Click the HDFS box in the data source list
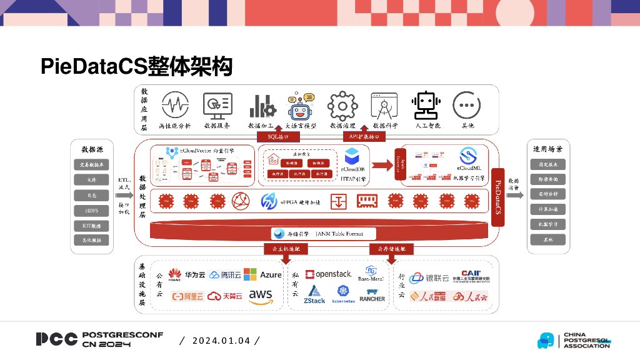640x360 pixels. pyautogui.click(x=92, y=210)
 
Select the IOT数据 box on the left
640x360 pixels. pyautogui.click(x=92, y=225)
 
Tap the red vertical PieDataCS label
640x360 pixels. pyautogui.click(x=498, y=197)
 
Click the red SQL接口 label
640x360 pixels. pyautogui.click(x=278, y=136)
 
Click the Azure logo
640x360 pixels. pyautogui.click(x=262, y=274)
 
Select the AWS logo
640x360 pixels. pyautogui.click(x=260, y=296)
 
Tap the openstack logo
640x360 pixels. pyautogui.click(x=329, y=274)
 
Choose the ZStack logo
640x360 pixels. pyautogui.click(x=314, y=294)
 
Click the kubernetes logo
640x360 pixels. pyautogui.click(x=343, y=294)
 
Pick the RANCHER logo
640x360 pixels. pyautogui.click(x=372, y=295)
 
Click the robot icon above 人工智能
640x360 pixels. pyautogui.click(x=427, y=105)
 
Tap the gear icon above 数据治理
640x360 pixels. pyautogui.click(x=342, y=105)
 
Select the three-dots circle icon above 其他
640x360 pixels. pyautogui.click(x=467, y=105)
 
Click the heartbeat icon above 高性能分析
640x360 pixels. pyautogui.click(x=175, y=105)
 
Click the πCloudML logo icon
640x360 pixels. pyautogui.click(x=469, y=156)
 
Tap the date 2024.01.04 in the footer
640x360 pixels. pyautogui.click(x=221, y=341)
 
